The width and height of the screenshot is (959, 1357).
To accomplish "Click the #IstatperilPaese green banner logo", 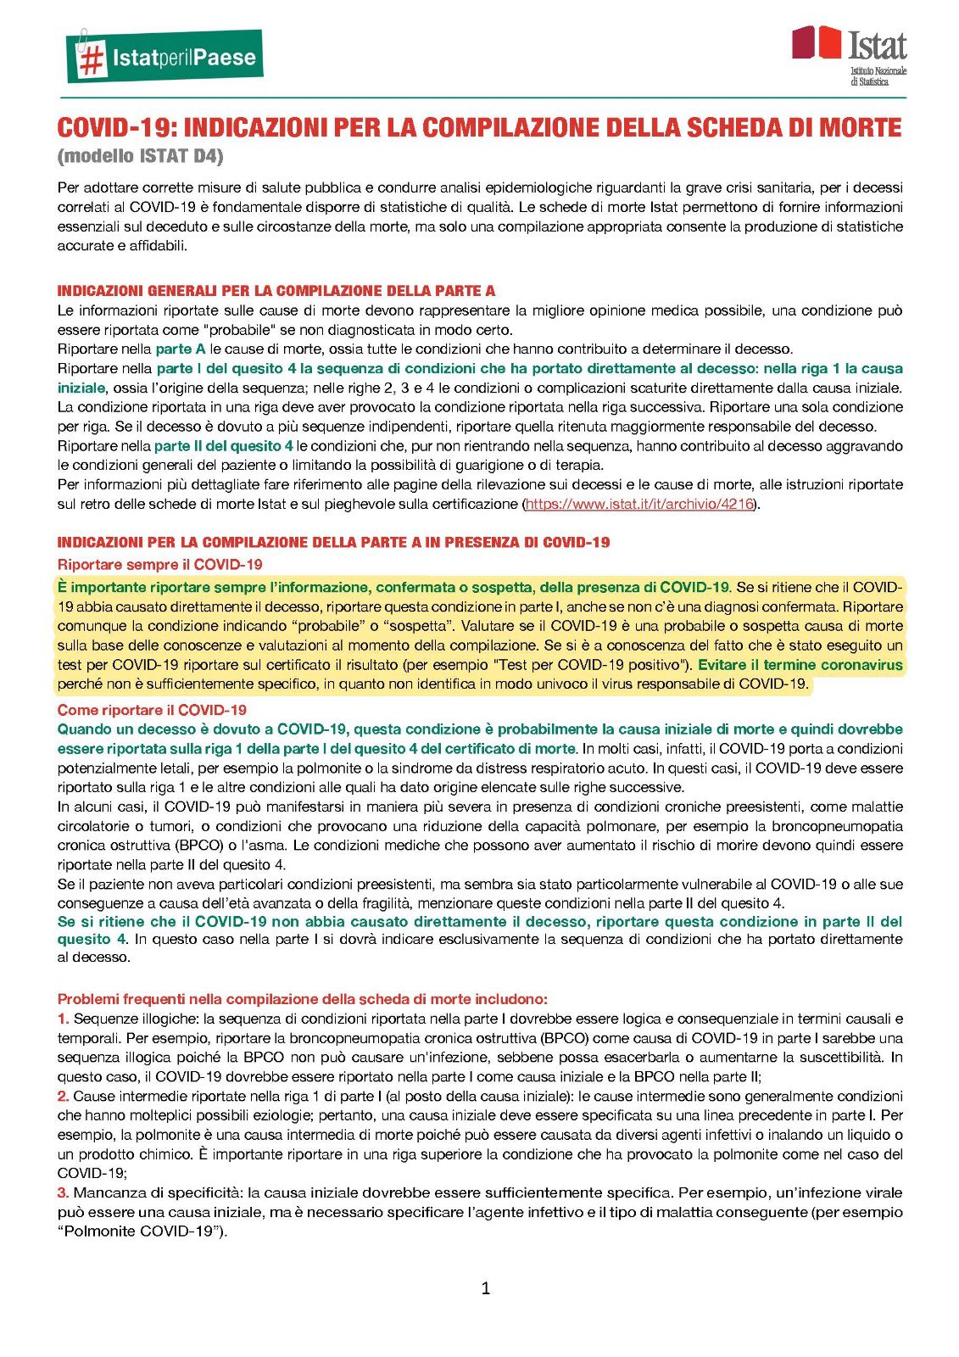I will (164, 57).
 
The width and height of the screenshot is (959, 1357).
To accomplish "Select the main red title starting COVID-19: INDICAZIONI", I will (479, 127).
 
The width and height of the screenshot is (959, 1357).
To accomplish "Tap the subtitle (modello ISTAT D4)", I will (140, 156).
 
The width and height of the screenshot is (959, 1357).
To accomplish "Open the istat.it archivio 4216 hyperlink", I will (639, 504).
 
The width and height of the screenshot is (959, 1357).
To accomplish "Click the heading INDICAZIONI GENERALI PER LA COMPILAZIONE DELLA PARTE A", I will (276, 291).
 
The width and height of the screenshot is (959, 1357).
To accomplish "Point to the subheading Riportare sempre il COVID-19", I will (159, 564).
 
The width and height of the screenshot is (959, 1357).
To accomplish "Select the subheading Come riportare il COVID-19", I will (152, 710).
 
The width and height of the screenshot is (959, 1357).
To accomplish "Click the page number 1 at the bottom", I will (485, 1288).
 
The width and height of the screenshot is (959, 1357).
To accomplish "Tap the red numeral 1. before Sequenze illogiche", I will (63, 1019).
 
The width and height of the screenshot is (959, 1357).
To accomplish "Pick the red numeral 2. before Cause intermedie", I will (63, 1096).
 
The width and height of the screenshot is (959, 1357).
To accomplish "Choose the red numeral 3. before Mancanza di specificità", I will (63, 1192).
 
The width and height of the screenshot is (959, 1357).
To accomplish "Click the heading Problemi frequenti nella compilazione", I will (302, 999).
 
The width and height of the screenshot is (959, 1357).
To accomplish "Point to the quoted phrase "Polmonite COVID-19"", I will (141, 1231).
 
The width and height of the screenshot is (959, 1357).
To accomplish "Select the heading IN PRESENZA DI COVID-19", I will (333, 542).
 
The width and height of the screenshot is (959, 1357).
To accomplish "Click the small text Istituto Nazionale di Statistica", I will (878, 75).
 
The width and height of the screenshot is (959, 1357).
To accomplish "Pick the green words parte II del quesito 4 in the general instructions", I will (223, 445).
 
